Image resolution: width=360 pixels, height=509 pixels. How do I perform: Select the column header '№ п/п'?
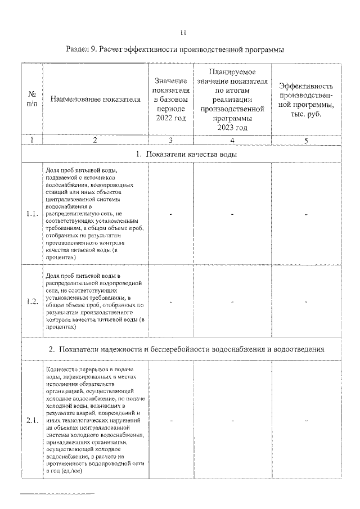pos(32,100)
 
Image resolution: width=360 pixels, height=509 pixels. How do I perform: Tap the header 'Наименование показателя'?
pos(95,100)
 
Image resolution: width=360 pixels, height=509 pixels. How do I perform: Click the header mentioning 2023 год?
pos(232,100)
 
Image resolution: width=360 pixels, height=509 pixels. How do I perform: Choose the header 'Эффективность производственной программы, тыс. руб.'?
pos(306,100)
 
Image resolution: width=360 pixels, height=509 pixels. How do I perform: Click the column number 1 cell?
pos(32,140)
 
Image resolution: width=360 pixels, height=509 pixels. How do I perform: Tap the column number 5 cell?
pos(306,140)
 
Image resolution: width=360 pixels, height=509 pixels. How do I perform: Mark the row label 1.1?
pos(32,214)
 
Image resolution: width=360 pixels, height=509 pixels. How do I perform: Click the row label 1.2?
pos(32,301)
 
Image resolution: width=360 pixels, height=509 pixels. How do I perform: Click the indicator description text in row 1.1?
pos(95,213)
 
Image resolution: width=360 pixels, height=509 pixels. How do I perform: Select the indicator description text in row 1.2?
pos(95,301)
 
